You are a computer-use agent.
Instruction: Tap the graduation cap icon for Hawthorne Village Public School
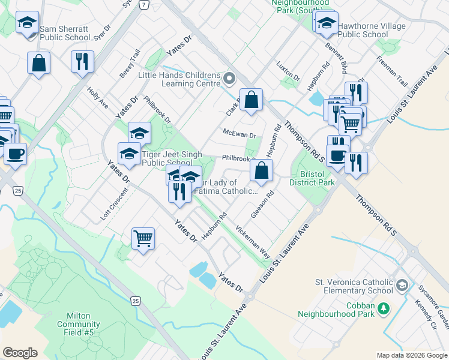327,23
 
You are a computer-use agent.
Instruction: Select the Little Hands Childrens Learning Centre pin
229,79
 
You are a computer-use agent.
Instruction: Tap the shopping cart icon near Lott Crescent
143,238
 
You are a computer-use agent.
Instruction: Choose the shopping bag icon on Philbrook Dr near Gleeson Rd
262,170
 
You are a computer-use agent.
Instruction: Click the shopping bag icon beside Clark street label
253,100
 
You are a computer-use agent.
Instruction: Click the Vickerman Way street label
253,241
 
